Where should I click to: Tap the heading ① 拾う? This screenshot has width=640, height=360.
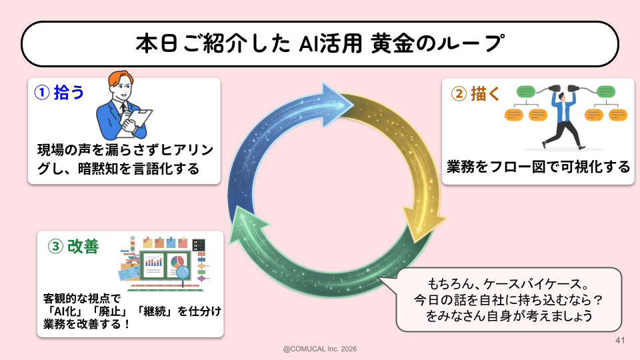tap(60, 93)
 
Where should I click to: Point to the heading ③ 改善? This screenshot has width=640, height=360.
tap(74, 247)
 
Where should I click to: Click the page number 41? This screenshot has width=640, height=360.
tap(619, 341)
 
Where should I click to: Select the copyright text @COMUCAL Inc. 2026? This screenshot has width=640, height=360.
tap(320, 349)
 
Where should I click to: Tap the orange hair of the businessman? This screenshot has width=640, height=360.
tap(121, 79)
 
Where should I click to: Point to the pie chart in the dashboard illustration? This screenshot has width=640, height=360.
tap(178, 261)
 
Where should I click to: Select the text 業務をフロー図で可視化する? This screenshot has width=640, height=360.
tap(539, 167)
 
